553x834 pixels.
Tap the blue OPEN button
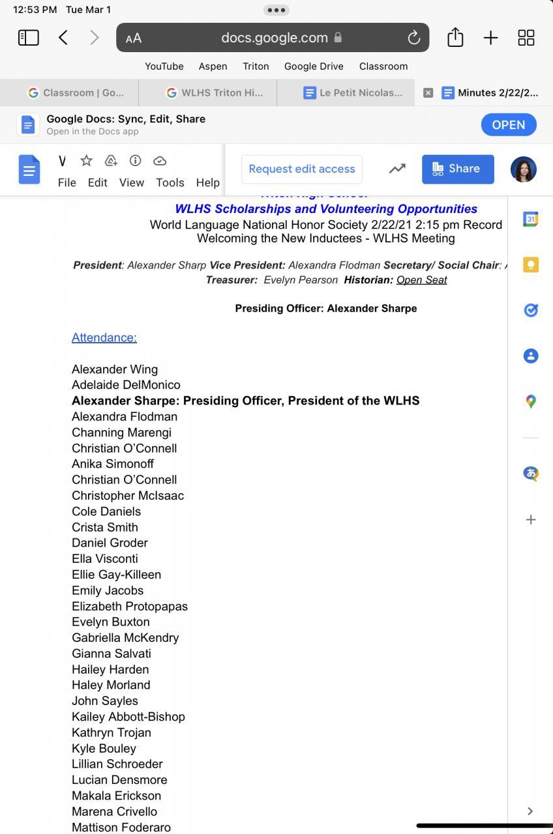click(x=509, y=124)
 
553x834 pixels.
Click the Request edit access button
click(x=302, y=169)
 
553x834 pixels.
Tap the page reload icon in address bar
click(x=413, y=38)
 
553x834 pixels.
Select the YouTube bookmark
click(x=164, y=66)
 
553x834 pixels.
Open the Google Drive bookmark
click(x=314, y=66)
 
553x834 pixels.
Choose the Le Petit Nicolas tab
click(x=353, y=93)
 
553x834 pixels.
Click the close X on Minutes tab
click(x=428, y=93)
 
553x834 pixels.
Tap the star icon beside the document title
click(x=86, y=161)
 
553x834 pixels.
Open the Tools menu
click(x=170, y=182)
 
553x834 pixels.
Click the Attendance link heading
click(x=104, y=338)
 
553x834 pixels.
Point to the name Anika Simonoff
click(x=113, y=464)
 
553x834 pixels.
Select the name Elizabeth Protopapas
click(x=130, y=606)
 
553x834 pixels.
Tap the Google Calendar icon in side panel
click(x=531, y=220)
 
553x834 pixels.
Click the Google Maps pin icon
click(x=531, y=401)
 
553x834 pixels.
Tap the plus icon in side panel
click(x=531, y=519)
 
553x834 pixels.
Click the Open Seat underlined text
click(x=421, y=280)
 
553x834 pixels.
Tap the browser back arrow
click(x=63, y=38)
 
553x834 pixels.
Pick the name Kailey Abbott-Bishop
click(x=128, y=717)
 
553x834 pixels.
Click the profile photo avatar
click(x=523, y=169)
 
